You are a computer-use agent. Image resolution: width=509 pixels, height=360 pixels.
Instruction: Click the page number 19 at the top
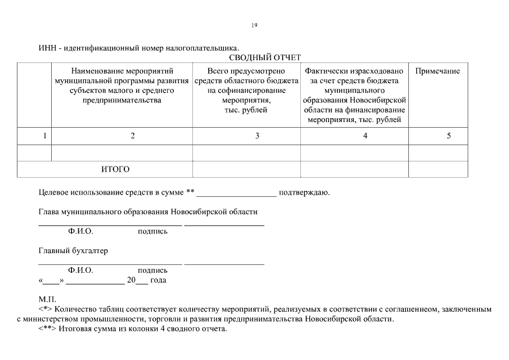[x=255, y=25]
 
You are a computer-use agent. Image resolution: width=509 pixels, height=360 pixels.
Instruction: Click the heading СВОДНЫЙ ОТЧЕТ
[x=265, y=57]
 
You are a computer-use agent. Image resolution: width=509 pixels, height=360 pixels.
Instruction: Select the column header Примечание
[x=438, y=71]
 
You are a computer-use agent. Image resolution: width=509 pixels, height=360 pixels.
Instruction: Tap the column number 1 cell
[x=44, y=136]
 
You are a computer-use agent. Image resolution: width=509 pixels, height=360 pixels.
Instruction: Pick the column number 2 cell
[x=133, y=136]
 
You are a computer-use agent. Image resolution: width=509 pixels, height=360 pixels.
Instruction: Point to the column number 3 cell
[x=257, y=136]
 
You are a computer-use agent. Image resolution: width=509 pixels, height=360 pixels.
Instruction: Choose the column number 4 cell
[x=365, y=136]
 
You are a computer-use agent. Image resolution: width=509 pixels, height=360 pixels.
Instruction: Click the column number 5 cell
[x=449, y=136]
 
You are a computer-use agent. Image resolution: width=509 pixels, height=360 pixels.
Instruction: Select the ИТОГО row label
[x=115, y=169]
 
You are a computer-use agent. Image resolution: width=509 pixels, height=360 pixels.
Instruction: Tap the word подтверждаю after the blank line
[x=304, y=193]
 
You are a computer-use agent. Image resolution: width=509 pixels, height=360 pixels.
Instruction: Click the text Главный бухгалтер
[x=73, y=251]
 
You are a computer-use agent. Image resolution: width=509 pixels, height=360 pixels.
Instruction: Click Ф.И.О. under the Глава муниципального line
[x=80, y=231]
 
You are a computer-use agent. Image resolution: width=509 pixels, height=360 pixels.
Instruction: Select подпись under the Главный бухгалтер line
[x=152, y=271]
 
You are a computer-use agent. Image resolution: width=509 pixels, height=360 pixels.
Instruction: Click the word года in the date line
[x=158, y=280]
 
